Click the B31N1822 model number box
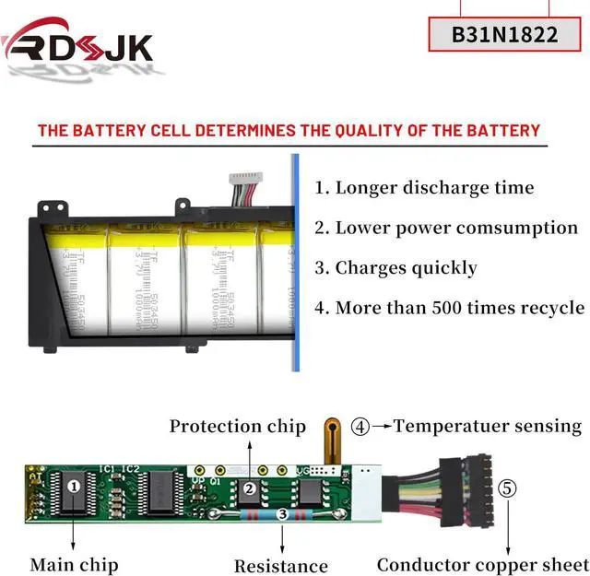[x=504, y=34]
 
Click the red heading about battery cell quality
[x=289, y=130]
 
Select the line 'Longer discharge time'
[x=424, y=188]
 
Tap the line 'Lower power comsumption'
[x=446, y=228]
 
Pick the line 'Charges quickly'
[x=395, y=268]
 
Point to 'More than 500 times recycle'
[x=449, y=308]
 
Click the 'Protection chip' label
[x=237, y=426]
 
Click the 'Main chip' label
[x=74, y=564]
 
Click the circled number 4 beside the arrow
[x=360, y=427]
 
